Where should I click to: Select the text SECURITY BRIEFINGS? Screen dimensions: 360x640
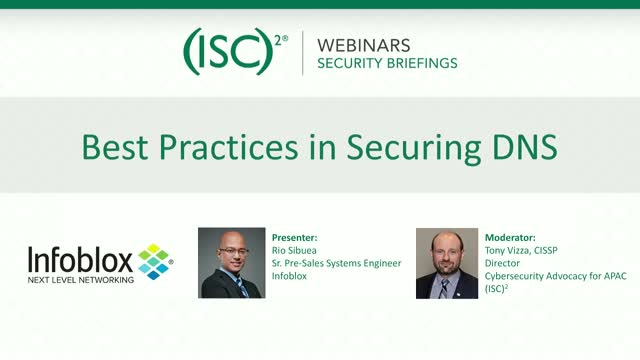[387, 63]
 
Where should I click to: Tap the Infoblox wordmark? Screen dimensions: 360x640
[80, 260]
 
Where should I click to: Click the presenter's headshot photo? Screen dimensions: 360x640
[231, 262]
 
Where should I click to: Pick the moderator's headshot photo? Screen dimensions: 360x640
[448, 262]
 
